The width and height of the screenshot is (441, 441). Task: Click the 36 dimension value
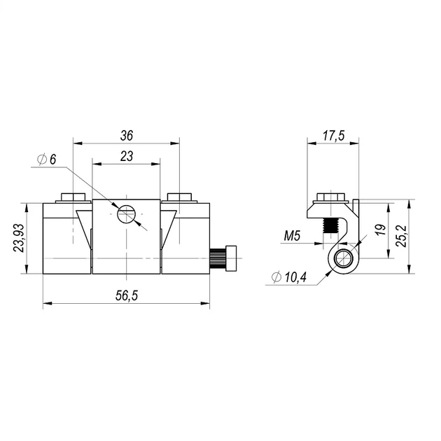pos(126,136)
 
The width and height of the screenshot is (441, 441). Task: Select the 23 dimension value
pos(127,156)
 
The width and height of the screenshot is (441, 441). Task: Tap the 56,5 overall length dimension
pos(127,295)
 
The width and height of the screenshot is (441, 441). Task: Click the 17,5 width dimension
pos(333,136)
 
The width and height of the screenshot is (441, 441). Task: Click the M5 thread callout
pos(292,236)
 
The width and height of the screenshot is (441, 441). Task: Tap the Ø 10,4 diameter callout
pos(289,278)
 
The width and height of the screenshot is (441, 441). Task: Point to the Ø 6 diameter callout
pos(47,160)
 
